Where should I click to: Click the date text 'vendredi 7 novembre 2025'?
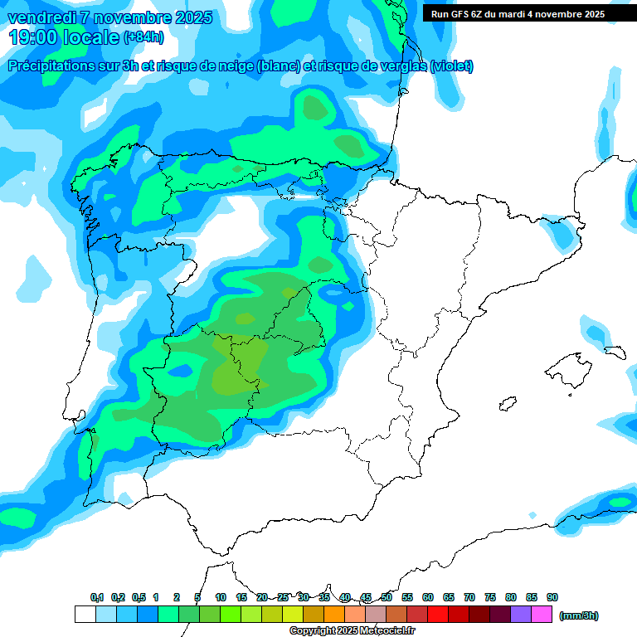tap(110, 17)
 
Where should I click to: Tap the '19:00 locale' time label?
tap(65, 36)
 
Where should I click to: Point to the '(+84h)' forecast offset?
tap(143, 37)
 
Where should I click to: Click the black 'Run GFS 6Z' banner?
tap(518, 13)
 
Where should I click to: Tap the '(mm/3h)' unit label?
tap(579, 615)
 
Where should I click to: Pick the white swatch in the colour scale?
tap(85, 615)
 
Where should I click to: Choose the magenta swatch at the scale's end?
tap(542, 615)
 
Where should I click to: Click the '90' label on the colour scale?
tap(552, 597)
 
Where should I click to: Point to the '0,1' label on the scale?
tap(97, 597)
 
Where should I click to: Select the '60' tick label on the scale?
tap(428, 597)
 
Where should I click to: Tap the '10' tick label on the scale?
tap(221, 597)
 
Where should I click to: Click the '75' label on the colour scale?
tap(490, 597)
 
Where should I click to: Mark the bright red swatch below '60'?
tap(438, 615)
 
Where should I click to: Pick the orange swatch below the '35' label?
tap(334, 615)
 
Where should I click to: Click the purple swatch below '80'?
tap(521, 615)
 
